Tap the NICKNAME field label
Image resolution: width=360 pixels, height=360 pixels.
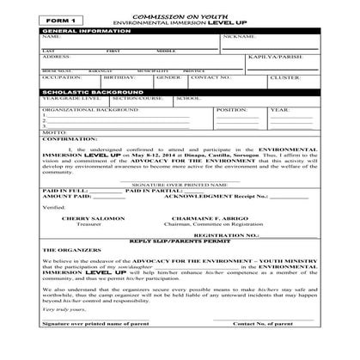[x=238, y=38]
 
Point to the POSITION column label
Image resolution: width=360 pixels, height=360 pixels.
[x=231, y=110]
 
